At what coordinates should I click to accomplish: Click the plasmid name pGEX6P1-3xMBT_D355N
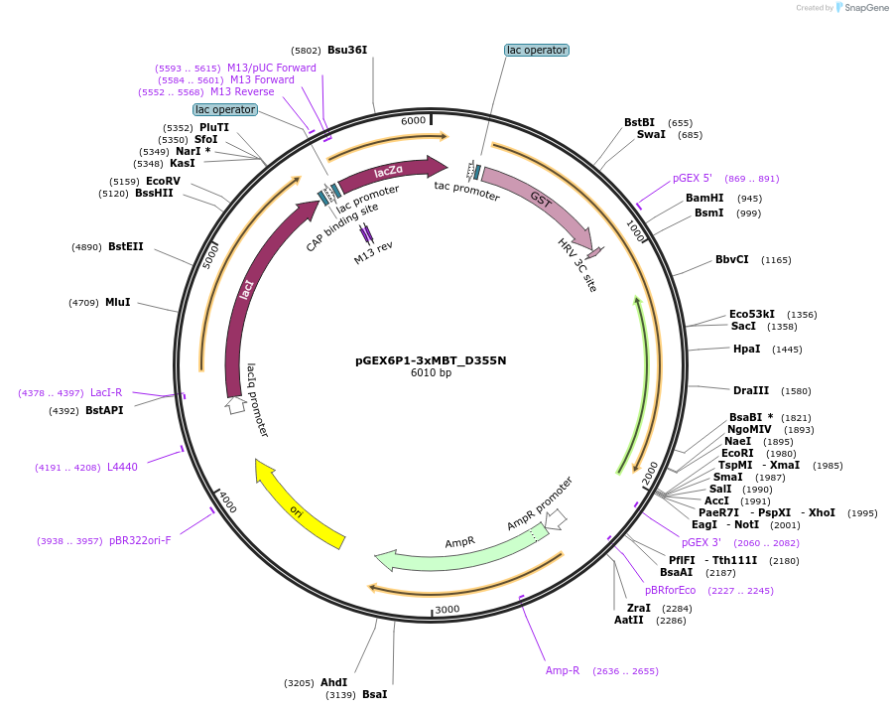pyautogui.click(x=431, y=360)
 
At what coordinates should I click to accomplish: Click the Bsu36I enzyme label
pyautogui.click(x=347, y=50)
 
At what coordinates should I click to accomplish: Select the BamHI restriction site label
pyautogui.click(x=704, y=198)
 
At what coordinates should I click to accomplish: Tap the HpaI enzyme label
pyautogui.click(x=746, y=349)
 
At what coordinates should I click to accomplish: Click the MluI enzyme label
pyautogui.click(x=118, y=302)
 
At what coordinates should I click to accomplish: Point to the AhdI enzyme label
pyautogui.click(x=333, y=682)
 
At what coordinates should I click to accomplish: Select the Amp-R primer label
pyautogui.click(x=563, y=670)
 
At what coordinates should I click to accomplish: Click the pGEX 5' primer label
pyautogui.click(x=693, y=178)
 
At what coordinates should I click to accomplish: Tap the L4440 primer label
pyautogui.click(x=122, y=467)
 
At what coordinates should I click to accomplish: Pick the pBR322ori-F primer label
pyautogui.click(x=140, y=540)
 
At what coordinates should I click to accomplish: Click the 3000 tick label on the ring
pyautogui.click(x=447, y=609)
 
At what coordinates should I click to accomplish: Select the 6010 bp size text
pyautogui.click(x=431, y=373)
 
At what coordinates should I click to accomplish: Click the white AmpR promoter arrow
pyautogui.click(x=556, y=518)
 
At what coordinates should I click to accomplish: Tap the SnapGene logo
pyautogui.click(x=863, y=8)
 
